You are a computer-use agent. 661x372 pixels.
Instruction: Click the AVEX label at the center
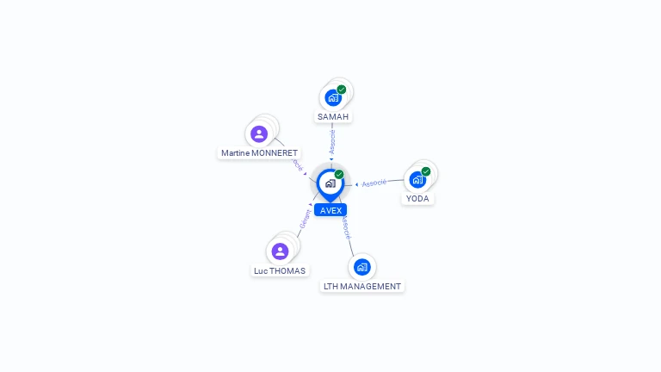tap(330, 210)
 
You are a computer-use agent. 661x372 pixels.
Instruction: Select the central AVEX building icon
tap(330, 183)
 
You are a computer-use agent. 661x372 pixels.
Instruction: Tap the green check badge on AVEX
tap(339, 174)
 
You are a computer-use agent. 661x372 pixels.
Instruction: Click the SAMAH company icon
tap(333, 98)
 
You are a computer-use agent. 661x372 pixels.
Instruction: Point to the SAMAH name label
tap(333, 116)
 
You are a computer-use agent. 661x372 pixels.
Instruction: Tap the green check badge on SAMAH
tap(342, 90)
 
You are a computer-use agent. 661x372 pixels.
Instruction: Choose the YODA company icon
tap(417, 180)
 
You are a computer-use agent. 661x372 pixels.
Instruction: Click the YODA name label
tap(417, 198)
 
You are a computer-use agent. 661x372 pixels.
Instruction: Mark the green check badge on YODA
tap(426, 171)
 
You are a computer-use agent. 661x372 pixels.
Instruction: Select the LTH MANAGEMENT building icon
tap(361, 267)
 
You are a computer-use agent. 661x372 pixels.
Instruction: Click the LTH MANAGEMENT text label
tap(362, 286)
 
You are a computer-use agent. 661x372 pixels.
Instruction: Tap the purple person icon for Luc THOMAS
tap(280, 251)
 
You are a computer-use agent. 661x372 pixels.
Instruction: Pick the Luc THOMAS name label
tap(280, 270)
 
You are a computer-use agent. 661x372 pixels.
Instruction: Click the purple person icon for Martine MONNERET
tap(259, 134)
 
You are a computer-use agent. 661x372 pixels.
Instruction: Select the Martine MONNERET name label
tap(259, 153)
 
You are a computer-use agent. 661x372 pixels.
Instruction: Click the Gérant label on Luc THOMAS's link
tap(306, 220)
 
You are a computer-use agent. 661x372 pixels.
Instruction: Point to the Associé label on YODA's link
tap(374, 183)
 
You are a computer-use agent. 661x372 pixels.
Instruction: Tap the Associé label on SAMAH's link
tap(332, 142)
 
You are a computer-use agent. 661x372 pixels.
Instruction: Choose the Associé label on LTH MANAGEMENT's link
tap(345, 228)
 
